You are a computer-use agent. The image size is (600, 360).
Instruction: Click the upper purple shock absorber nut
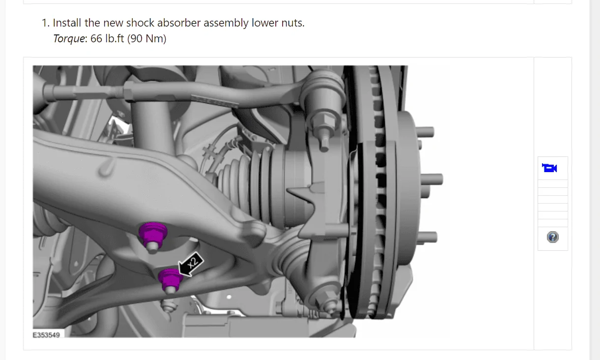point(153,237)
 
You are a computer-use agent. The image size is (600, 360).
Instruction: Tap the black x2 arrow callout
point(191,264)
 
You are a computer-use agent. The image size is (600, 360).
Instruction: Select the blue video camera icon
point(549,168)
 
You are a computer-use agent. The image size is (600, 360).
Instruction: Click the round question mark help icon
point(553,237)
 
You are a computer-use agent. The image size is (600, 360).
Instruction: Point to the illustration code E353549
point(46,335)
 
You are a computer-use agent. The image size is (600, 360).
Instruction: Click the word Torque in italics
point(69,39)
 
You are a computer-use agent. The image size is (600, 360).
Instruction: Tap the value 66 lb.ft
point(107,38)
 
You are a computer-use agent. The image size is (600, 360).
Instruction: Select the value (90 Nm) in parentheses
point(147,38)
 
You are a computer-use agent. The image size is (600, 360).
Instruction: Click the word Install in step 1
point(67,23)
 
